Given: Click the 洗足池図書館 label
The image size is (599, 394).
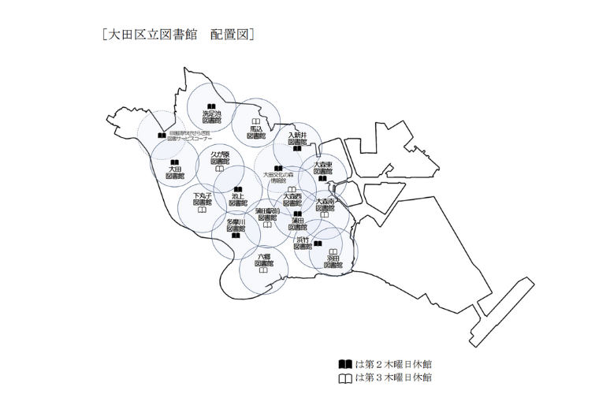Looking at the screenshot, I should [211, 117].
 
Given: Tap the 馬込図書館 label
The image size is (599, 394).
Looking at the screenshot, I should [256, 132].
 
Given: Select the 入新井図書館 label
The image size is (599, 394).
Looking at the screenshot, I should [297, 139].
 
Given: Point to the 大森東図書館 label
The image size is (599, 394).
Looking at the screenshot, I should [322, 167].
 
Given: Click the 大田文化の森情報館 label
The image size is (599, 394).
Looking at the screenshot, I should [278, 177].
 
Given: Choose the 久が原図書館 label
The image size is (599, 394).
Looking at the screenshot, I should [220, 158].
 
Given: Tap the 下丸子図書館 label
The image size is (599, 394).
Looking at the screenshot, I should [203, 199].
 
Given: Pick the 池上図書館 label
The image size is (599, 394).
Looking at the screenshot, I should [238, 199].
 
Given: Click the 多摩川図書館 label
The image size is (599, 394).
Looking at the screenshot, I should [236, 225].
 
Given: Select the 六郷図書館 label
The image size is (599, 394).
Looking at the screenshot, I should [263, 260].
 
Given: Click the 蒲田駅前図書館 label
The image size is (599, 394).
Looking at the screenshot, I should [267, 214].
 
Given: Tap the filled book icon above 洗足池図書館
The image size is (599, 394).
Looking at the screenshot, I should [211, 106].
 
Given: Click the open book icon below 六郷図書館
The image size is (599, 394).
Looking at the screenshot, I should [263, 271].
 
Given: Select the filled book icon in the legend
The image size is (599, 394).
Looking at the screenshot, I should [344, 364].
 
